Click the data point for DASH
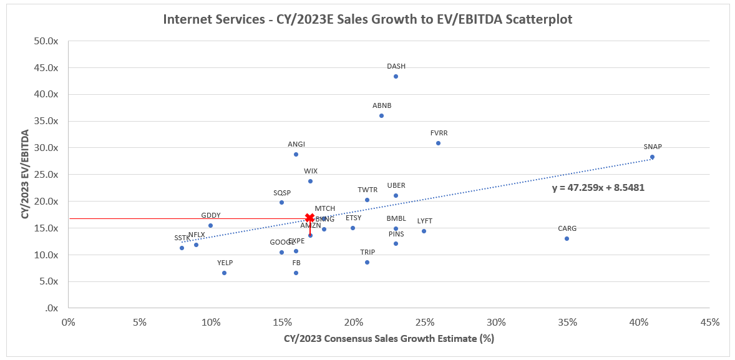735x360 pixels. (396, 76)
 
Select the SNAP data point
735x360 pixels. (652, 157)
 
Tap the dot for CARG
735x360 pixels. (567, 238)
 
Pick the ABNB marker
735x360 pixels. (381, 115)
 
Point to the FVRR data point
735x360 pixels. (438, 143)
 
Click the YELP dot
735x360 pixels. (224, 273)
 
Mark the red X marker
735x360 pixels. (309, 218)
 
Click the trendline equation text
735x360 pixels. (598, 187)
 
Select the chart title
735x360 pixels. (367, 19)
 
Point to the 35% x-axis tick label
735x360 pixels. (567, 323)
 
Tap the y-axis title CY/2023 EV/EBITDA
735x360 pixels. (26, 174)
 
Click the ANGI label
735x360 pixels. (296, 144)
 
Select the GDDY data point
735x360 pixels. (210, 225)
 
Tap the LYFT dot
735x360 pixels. (424, 231)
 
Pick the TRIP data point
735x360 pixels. (367, 262)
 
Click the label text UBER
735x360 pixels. (396, 185)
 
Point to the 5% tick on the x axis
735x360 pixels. (139, 323)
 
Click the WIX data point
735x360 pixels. (310, 181)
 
